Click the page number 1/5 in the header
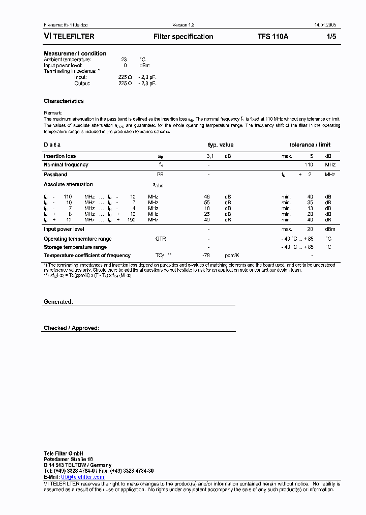pos(330,37)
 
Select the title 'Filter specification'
pos(183,37)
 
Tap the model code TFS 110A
pos(273,37)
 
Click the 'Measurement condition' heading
pos(75,53)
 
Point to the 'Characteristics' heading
pos(64,101)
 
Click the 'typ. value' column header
pos(221,145)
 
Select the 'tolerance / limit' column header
pos(310,145)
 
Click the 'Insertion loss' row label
pos(59,156)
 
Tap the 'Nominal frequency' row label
pos(66,165)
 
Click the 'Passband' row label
pos(55,175)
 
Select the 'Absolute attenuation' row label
pos(68,185)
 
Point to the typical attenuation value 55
pos(207,203)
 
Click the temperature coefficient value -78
pos(206,255)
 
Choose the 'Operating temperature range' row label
pos(77,239)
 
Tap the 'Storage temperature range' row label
pos(75,247)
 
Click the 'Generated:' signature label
pos(58,302)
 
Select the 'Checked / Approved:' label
pos(71,328)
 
